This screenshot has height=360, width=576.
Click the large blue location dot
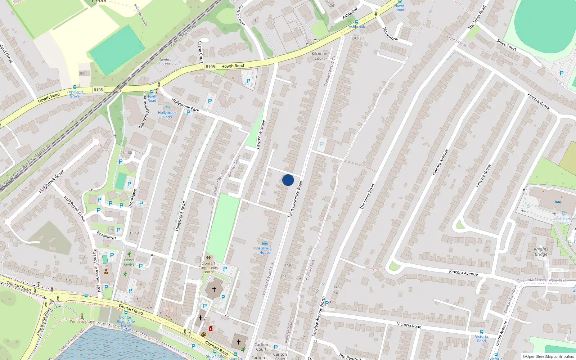[288, 180]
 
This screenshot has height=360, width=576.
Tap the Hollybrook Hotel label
[167, 115]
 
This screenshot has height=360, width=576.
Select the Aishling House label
[265, 250]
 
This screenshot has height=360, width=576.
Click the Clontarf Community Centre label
[208, 267]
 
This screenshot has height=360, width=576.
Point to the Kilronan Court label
[319, 56]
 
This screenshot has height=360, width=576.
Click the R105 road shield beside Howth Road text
[210, 67]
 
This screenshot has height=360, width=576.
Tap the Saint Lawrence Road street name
[295, 199]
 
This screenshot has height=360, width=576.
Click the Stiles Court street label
[507, 45]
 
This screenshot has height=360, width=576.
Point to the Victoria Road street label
[409, 325]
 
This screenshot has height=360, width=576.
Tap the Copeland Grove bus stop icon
[75, 87]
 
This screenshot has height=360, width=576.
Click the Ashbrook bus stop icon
[357, 22]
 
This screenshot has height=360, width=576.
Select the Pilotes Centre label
[129, 262]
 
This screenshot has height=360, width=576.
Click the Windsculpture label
[82, 321]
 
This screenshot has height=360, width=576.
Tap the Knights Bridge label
[541, 251]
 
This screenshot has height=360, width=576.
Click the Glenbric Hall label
[165, 62]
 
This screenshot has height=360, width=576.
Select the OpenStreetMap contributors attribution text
[548, 356]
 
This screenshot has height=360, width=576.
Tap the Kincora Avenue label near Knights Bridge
[463, 273]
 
